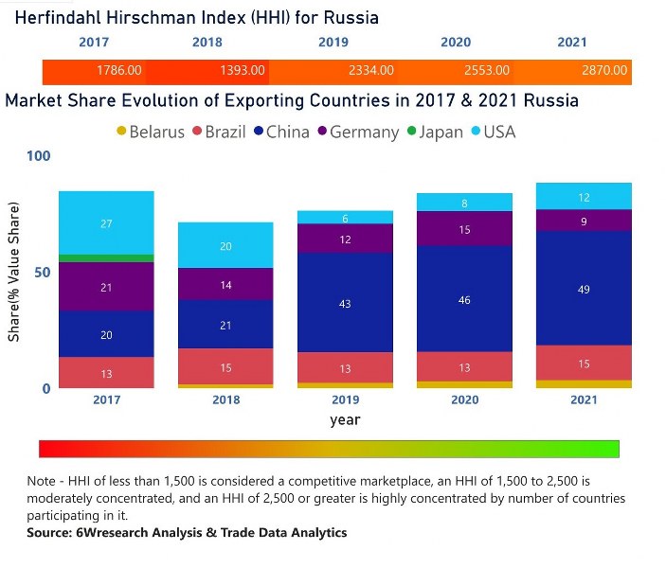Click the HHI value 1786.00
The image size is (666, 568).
click(x=119, y=71)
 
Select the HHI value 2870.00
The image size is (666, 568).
click(x=604, y=71)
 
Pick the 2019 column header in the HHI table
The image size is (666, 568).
click(x=333, y=43)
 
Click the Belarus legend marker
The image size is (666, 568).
click(x=120, y=132)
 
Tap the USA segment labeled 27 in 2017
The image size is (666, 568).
click(x=106, y=223)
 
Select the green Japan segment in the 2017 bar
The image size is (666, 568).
click(x=106, y=257)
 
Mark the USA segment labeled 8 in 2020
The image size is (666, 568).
click(x=464, y=203)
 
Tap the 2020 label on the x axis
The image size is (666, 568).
click(x=464, y=400)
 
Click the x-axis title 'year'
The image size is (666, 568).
click(x=345, y=419)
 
